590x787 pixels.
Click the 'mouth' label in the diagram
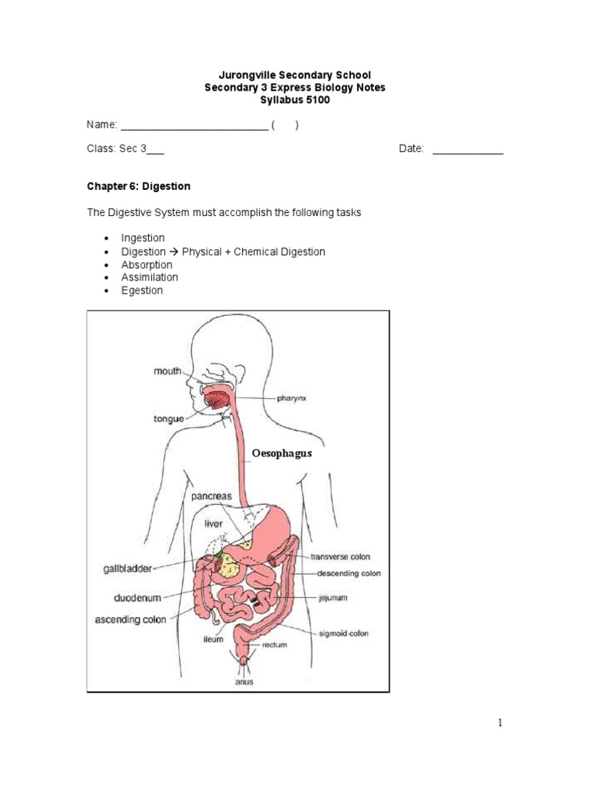point(167,371)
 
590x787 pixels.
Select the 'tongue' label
point(168,419)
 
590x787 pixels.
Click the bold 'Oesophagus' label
point(282,453)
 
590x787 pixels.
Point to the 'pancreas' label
point(211,496)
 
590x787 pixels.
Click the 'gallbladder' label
point(128,569)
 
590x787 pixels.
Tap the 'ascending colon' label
point(130,619)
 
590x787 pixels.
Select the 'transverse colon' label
point(341,556)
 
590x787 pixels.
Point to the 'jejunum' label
point(333,596)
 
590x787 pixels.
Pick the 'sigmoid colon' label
point(344,633)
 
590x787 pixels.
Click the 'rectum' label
point(274,646)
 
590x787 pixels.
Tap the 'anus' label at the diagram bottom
point(244,681)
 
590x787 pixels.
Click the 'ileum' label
point(214,639)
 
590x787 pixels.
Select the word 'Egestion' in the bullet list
point(142,291)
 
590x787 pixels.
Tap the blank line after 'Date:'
point(468,149)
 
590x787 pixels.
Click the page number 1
point(499,722)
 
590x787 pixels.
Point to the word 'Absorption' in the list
point(147,264)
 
